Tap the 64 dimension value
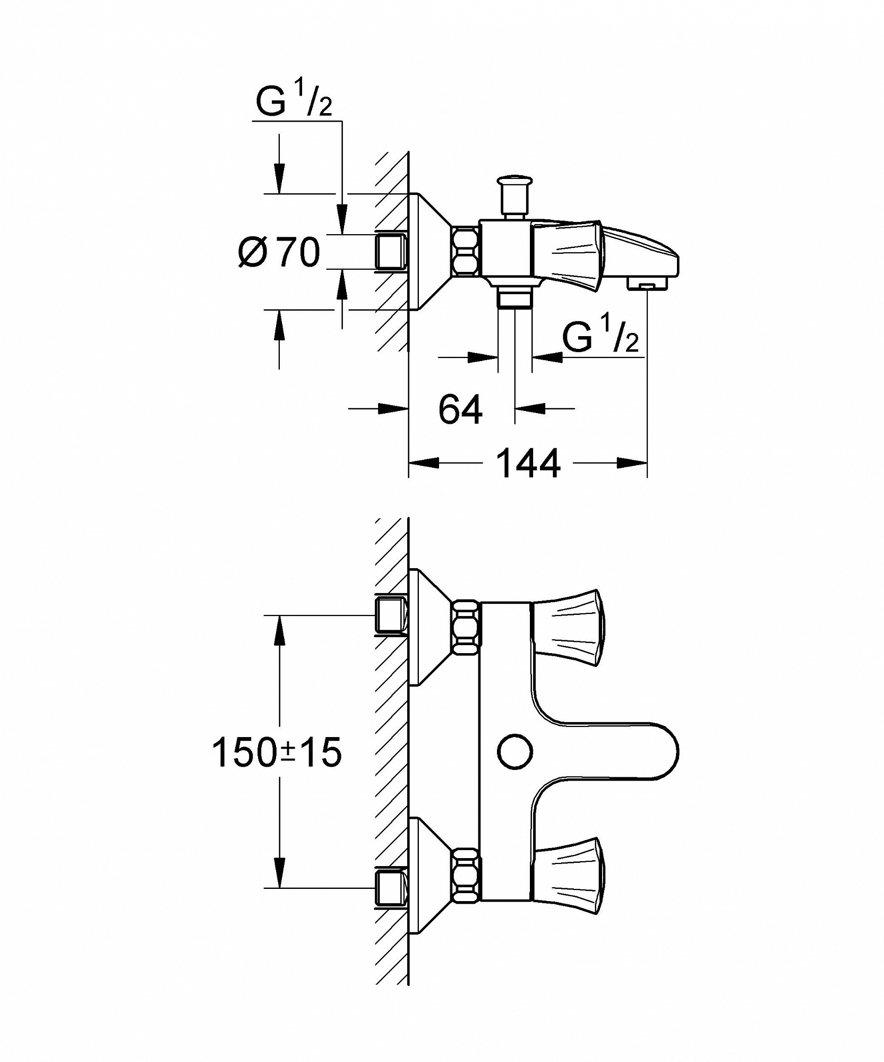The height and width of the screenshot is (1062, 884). (x=460, y=409)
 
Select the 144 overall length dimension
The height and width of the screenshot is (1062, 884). (x=528, y=464)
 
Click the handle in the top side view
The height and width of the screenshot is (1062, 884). (x=569, y=255)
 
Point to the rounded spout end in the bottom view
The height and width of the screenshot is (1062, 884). (x=666, y=751)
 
